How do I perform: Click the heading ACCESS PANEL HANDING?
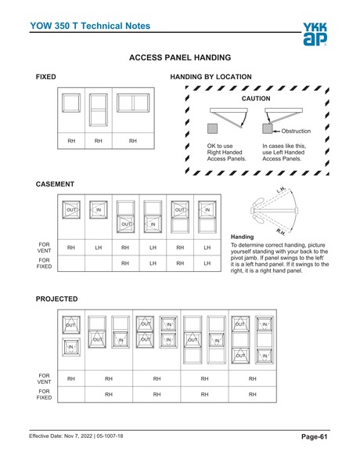(x=179, y=58)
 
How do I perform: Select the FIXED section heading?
(x=46, y=78)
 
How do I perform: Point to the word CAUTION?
(x=255, y=99)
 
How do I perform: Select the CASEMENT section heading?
(x=55, y=184)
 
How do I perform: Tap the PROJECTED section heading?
(x=57, y=299)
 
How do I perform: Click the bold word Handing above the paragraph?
(x=243, y=237)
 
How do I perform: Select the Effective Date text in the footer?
(x=75, y=436)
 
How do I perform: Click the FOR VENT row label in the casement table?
(x=45, y=248)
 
